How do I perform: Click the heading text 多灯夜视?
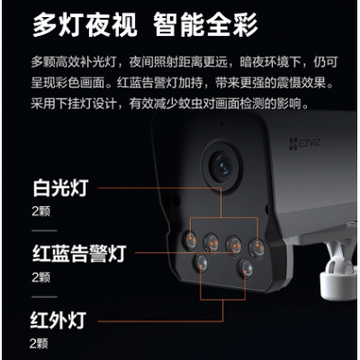[x=85, y=25]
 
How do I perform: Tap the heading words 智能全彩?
[x=205, y=25]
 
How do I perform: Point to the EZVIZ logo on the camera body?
[x=304, y=143]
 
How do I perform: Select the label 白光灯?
[x=60, y=188]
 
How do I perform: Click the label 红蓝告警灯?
[x=79, y=254]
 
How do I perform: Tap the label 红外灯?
[x=58, y=320]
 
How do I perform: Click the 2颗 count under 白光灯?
[x=40, y=211]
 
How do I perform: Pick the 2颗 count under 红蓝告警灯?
[x=40, y=277]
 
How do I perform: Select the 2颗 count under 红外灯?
[x=39, y=344]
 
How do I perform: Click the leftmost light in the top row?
[x=190, y=239]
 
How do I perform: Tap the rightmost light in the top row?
[x=256, y=247]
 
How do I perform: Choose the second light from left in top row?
[x=211, y=242]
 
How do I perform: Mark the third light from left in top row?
[x=234, y=244]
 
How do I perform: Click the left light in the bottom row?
[x=201, y=264]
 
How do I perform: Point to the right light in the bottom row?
[x=246, y=268]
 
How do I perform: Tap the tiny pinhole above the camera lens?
[x=221, y=123]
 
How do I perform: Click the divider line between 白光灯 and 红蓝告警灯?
[x=44, y=230]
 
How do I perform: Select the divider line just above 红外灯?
[x=44, y=297]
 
